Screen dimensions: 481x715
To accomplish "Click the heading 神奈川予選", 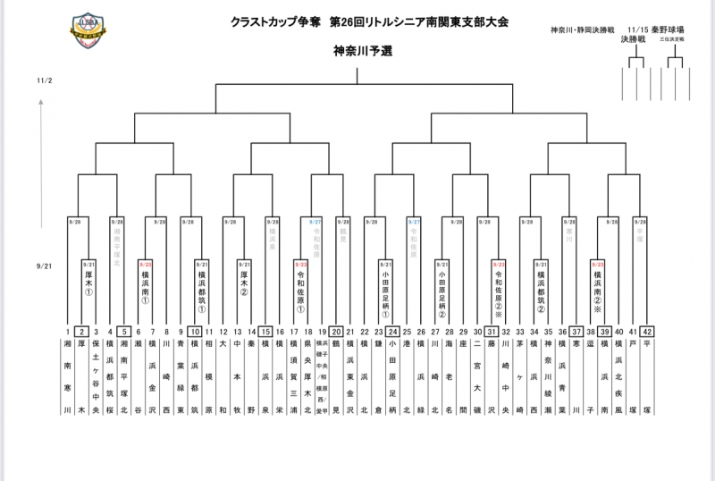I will coord(363,52).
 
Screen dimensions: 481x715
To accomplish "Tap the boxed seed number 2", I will coord(81,331).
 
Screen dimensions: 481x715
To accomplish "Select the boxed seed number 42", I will coord(646,331).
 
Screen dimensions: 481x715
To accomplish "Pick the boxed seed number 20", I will coord(336,331).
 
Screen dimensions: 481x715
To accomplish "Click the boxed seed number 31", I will coord(492,331).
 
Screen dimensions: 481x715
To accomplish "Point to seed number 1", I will coord(67,331).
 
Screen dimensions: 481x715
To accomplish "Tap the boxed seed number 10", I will coord(195,331).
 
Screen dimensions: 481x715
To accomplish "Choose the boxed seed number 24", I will coord(392,331).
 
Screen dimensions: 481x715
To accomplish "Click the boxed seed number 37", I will coord(576,331).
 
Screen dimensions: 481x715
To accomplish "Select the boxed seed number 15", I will coord(265,331).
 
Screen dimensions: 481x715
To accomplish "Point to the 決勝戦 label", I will coord(635,40).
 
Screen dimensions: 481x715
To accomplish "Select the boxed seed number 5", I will coord(124,331).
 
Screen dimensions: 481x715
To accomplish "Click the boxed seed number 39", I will coord(605,331).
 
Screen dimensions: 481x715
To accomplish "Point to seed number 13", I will coord(237,331).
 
